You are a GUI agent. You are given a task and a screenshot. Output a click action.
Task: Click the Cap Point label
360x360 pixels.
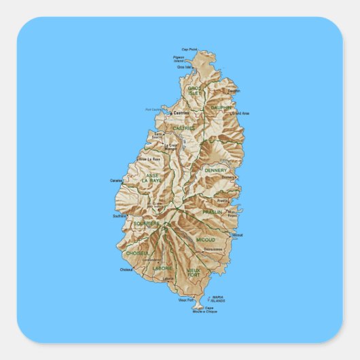point(189,50)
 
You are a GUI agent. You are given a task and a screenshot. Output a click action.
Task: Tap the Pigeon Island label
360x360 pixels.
point(179,60)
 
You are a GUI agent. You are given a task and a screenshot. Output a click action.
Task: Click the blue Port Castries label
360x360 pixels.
point(154,109)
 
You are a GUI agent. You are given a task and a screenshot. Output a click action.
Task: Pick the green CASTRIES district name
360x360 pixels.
point(183,128)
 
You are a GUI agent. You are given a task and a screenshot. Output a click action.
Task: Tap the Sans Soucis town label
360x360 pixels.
point(159,137)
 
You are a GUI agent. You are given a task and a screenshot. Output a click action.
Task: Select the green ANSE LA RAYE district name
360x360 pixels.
point(153,179)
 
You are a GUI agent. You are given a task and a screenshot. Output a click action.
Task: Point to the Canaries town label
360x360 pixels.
point(116,181)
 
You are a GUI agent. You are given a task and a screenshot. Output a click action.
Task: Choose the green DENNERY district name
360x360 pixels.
point(216,170)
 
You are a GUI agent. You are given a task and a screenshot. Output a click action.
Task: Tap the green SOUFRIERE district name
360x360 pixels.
point(146,223)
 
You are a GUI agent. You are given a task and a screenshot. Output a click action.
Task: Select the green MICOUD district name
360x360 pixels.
point(206,240)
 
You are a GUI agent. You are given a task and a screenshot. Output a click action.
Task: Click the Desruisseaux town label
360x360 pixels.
point(213,249)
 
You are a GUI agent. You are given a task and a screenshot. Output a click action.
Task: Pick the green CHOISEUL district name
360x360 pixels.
point(137,253)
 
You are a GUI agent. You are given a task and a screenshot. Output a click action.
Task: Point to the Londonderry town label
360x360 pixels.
point(152,259)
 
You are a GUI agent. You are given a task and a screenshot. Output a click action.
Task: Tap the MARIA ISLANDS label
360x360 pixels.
point(218,299)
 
